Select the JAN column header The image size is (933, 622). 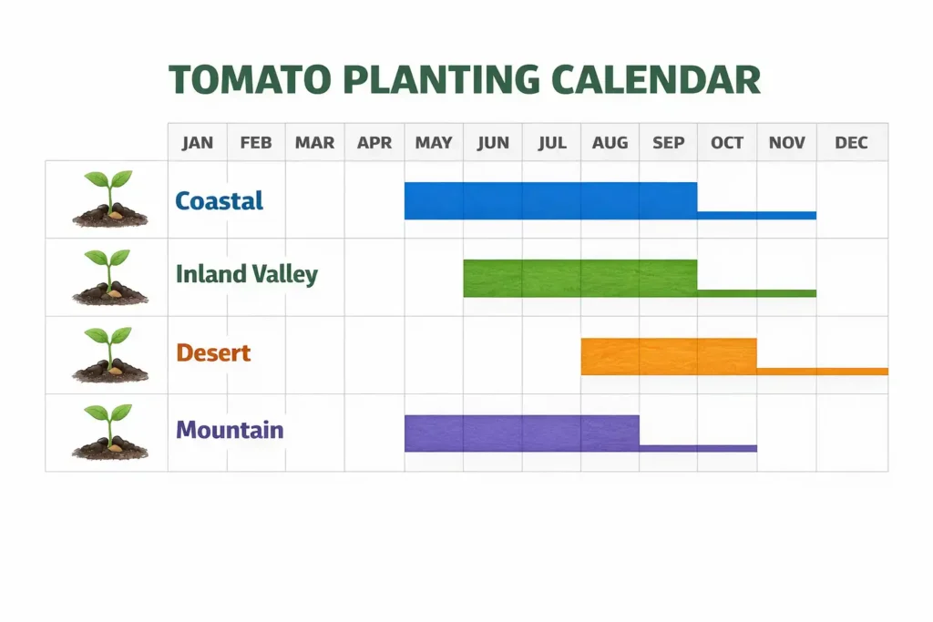click(x=198, y=143)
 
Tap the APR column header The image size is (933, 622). click(x=374, y=143)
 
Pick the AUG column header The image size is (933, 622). click(x=610, y=143)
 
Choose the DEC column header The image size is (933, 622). click(x=851, y=143)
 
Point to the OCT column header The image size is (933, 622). click(x=727, y=143)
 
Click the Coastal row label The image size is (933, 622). click(x=219, y=200)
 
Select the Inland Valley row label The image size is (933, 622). click(x=246, y=274)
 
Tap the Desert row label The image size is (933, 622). click(x=213, y=352)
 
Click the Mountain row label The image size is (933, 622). click(x=230, y=430)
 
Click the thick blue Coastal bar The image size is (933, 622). click(x=550, y=200)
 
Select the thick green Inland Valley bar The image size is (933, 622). click(x=579, y=278)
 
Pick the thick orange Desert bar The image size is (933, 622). click(x=668, y=356)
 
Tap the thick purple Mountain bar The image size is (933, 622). click(x=521, y=433)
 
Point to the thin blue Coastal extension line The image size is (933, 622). click(x=756, y=216)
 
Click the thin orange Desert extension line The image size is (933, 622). click(x=822, y=372)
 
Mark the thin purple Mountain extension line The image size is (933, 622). click(x=698, y=448)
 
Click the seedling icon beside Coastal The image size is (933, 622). click(x=109, y=199)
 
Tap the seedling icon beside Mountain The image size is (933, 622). click(x=109, y=433)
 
